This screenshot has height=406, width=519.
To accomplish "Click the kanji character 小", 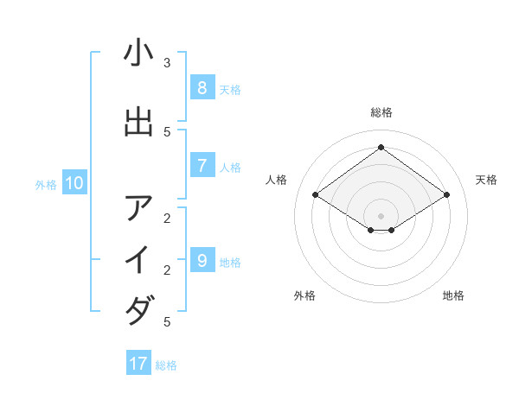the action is click(138, 54).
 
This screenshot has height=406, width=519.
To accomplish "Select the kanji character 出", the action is click(138, 122).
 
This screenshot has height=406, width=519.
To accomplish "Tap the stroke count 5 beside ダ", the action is click(167, 322).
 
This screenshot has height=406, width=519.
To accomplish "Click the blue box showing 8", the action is click(202, 87).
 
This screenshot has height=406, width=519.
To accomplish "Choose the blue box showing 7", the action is click(202, 166).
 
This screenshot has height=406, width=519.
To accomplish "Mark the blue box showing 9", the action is click(202, 260).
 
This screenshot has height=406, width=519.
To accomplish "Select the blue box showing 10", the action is click(74, 182).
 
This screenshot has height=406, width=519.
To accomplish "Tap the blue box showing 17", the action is click(138, 364).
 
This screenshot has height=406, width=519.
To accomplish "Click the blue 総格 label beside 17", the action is click(166, 365).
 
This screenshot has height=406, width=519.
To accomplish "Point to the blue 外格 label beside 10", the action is click(46, 184).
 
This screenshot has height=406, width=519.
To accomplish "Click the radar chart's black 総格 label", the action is click(381, 112).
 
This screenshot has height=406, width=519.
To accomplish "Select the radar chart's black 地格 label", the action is click(453, 295).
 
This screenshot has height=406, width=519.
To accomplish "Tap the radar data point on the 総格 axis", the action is click(381, 147).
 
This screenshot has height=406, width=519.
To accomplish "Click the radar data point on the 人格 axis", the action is click(316, 195).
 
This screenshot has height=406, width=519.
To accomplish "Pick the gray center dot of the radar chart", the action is click(381, 215).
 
